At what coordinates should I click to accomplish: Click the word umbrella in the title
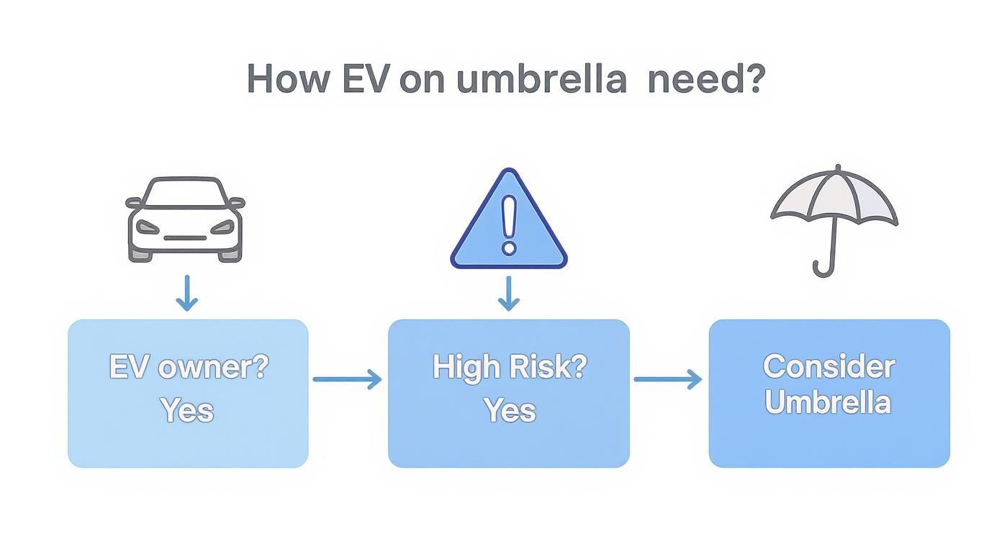[541, 79]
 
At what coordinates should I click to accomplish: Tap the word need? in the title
[705, 79]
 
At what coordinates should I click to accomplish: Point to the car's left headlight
[148, 227]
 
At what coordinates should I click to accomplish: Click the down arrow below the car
[186, 293]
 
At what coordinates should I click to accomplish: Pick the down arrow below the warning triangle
[509, 293]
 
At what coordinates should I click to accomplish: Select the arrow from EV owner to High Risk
[347, 379]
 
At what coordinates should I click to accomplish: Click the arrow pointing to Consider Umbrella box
[667, 379]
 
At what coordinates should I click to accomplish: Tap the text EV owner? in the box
[189, 367]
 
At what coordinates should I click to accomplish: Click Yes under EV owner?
[187, 410]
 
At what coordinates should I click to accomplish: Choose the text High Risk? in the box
[510, 367]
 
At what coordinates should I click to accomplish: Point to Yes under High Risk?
[510, 410]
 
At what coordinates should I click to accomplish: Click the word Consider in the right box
[829, 367]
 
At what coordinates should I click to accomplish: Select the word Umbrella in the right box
[828, 402]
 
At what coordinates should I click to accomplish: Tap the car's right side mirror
[237, 203]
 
